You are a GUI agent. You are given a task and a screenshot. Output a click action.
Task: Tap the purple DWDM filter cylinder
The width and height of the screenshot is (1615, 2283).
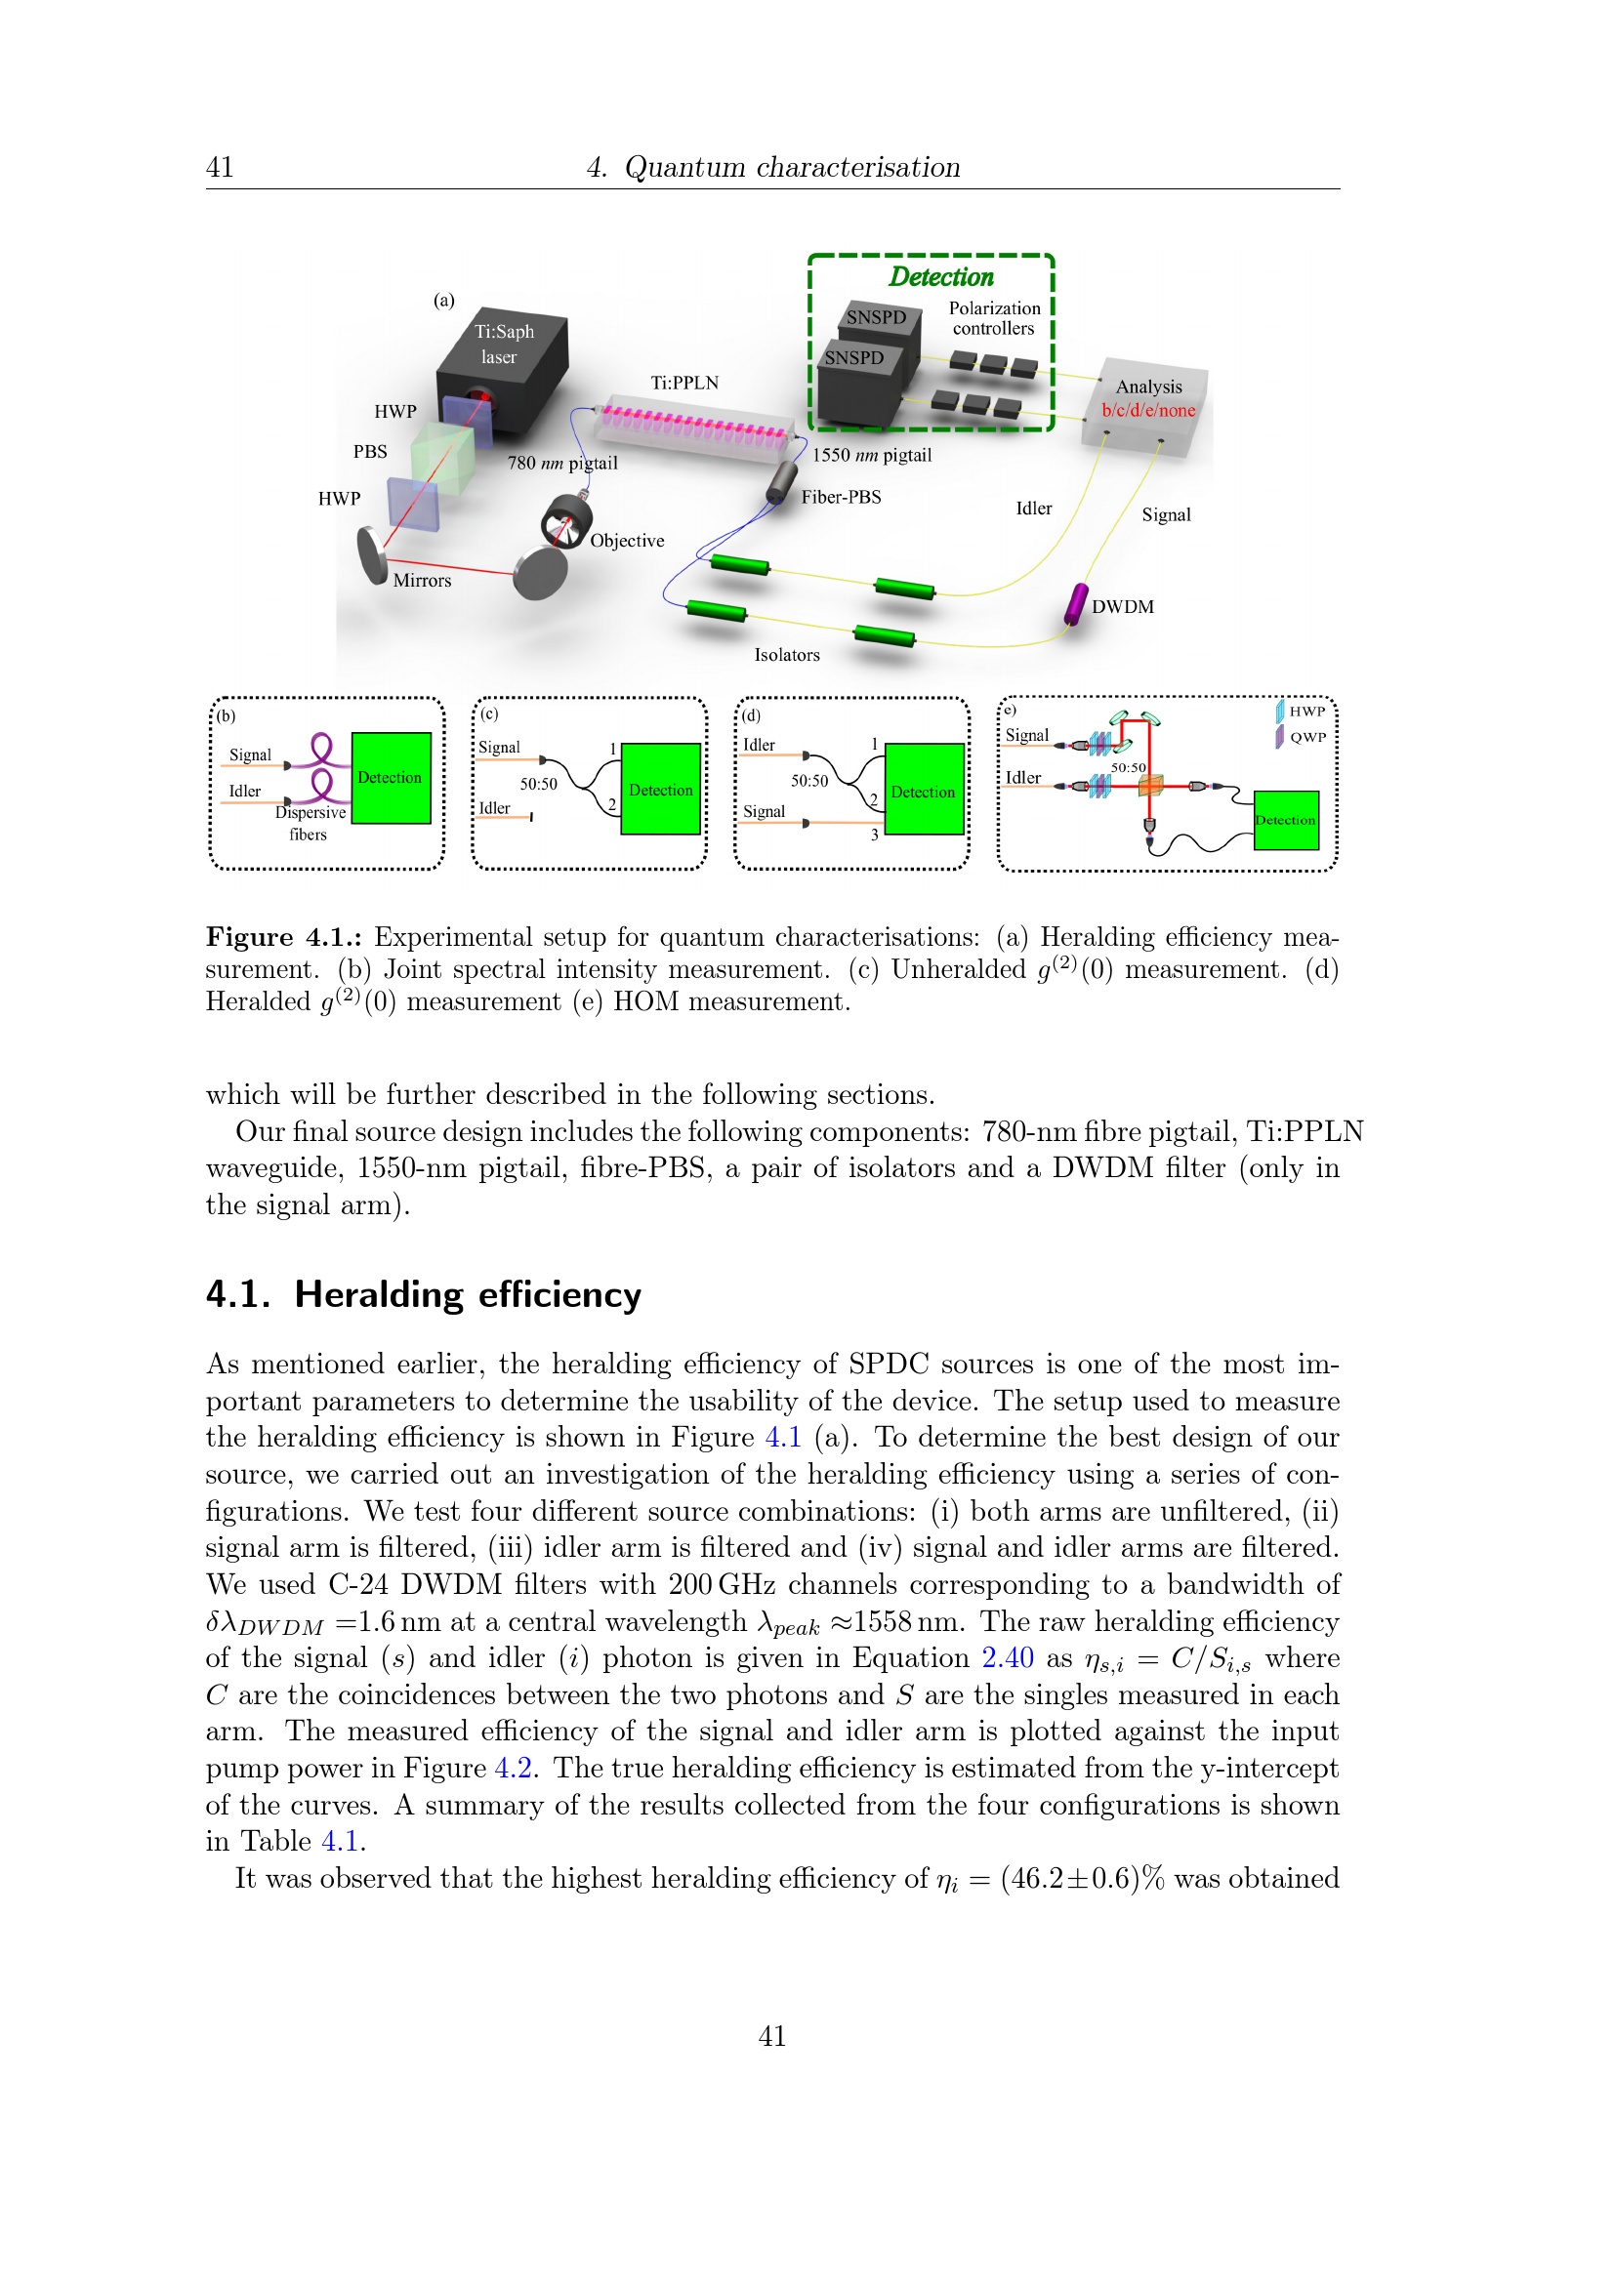point(1075,603)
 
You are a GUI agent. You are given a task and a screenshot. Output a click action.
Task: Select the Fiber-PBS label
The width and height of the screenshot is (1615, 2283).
point(841,497)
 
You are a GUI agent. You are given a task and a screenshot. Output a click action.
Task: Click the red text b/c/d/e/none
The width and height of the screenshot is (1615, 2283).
point(1147,410)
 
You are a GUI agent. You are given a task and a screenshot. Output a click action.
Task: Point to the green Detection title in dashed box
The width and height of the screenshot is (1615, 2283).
point(940,276)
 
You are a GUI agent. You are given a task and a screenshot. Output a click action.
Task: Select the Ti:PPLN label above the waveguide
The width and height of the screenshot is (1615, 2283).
point(684,383)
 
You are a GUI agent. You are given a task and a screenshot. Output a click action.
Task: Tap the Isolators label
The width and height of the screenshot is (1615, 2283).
point(787,654)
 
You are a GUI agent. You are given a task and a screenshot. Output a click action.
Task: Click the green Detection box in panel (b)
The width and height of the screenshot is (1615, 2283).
point(391,778)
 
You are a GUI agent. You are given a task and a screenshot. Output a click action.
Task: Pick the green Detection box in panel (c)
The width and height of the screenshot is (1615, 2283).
point(660,789)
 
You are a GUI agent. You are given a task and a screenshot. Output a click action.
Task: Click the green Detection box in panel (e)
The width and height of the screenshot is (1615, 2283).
point(1285,819)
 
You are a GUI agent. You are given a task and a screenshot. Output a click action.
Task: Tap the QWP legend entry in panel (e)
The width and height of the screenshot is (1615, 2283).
point(1305,737)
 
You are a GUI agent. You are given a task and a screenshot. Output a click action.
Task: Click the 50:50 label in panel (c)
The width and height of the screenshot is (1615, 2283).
point(538,784)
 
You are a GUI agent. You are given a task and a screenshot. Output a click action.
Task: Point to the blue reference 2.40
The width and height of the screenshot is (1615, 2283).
point(1008,1657)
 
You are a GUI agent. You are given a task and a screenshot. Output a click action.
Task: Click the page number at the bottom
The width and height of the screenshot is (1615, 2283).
point(771,2035)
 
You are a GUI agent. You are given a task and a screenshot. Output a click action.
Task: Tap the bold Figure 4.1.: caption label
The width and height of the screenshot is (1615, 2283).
point(283,937)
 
